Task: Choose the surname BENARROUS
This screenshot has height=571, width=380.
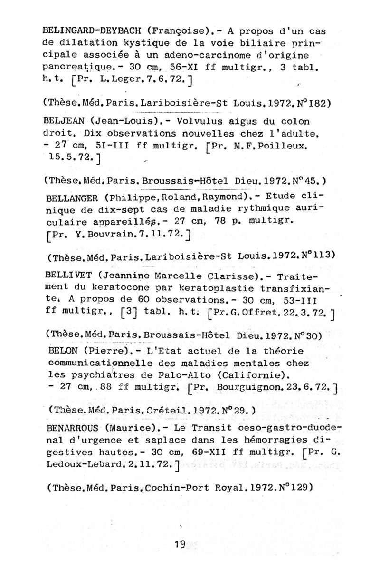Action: pos(74,426)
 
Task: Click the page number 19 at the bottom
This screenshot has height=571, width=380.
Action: pos(180,543)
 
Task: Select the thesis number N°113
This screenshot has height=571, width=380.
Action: pos(317,256)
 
